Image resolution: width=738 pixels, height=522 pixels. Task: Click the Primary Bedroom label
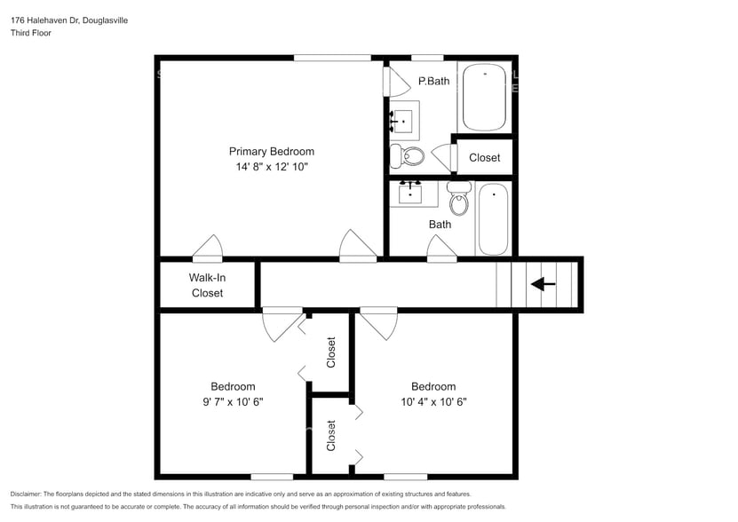[271, 151]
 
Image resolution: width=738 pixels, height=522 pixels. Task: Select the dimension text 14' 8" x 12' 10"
[271, 166]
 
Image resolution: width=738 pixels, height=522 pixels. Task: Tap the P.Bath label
[433, 82]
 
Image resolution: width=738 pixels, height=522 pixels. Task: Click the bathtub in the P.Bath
[485, 98]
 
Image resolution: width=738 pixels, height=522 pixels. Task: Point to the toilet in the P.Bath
[412, 156]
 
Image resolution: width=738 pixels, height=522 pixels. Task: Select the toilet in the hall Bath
[458, 201]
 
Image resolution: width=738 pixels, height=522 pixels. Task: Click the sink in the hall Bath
[410, 193]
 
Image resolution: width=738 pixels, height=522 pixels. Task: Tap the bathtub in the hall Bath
[493, 218]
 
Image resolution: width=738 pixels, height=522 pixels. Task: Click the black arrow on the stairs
[543, 285]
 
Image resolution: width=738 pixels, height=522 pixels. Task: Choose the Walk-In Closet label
[207, 285]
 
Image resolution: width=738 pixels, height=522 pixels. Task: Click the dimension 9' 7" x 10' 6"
[233, 401]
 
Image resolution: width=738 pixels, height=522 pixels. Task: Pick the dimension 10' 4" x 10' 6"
[433, 401]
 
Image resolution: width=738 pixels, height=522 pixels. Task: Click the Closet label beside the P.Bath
[484, 158]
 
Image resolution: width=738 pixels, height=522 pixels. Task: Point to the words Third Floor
[31, 33]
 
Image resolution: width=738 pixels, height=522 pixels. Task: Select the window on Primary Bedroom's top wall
[332, 59]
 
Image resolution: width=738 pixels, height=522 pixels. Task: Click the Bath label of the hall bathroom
[440, 225]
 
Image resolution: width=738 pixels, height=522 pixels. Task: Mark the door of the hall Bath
[442, 250]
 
